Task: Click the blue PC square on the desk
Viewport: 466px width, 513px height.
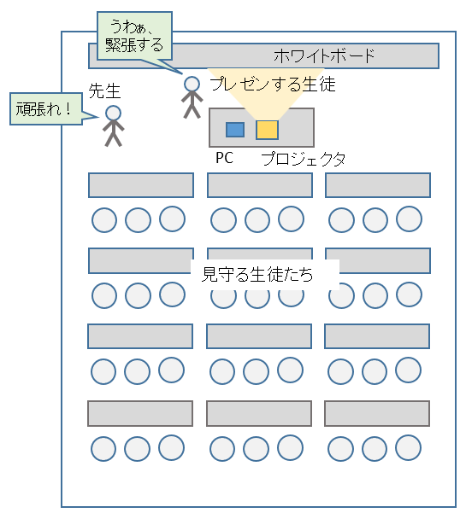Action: click(235, 130)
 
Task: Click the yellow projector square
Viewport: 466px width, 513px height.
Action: click(267, 130)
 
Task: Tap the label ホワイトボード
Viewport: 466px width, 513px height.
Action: click(324, 56)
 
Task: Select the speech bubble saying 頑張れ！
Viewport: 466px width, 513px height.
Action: click(46, 109)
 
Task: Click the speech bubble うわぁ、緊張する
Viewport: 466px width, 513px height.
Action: click(134, 36)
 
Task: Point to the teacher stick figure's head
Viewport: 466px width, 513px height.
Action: click(113, 114)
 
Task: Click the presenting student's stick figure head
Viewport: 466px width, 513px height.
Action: click(192, 85)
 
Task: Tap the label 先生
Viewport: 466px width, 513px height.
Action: click(104, 90)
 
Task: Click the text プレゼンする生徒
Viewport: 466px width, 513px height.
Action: click(273, 85)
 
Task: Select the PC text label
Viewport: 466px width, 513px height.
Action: click(225, 158)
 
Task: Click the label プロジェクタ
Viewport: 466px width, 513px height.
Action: click(304, 159)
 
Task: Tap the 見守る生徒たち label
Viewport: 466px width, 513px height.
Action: click(257, 274)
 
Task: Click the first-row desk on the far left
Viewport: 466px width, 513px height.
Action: click(141, 185)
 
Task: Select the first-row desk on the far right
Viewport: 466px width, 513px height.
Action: click(378, 185)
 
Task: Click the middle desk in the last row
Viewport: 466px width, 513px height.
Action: click(259, 413)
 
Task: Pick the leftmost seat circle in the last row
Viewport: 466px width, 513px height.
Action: click(103, 448)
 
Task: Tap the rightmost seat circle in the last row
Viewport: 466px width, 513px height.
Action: click(408, 447)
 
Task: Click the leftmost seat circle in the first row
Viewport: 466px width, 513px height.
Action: click(104, 220)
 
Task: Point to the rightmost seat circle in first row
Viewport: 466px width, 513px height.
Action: click(409, 219)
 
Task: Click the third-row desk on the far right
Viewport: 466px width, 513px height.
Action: click(377, 336)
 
